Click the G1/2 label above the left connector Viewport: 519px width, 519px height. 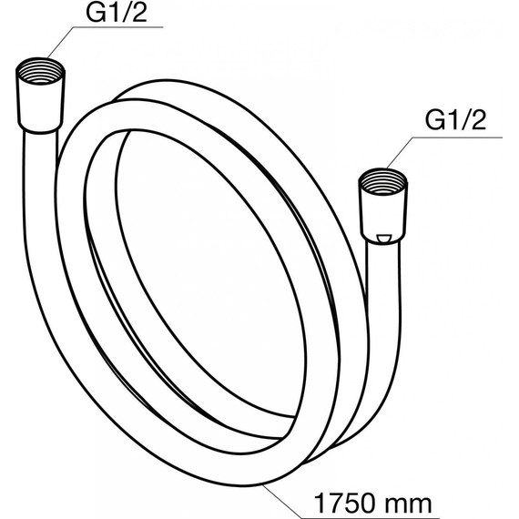pyautogui.click(x=117, y=12)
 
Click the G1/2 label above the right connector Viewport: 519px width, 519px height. pyautogui.click(x=455, y=120)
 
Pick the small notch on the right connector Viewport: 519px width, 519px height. pyautogui.click(x=383, y=239)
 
